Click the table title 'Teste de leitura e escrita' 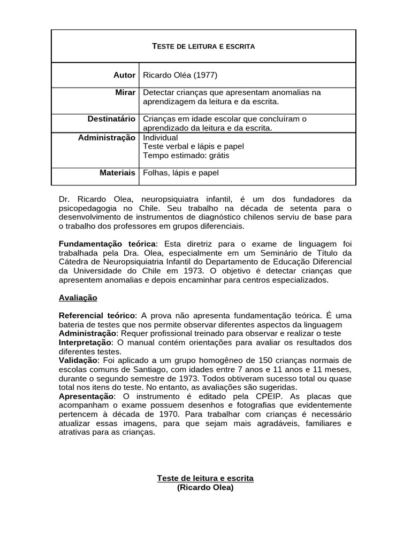click(x=204, y=46)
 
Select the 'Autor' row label click(x=124, y=75)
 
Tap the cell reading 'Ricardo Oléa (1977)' click(x=180, y=75)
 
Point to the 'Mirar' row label click(x=125, y=92)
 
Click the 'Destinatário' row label click(x=111, y=119)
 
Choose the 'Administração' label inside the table click(x=106, y=138)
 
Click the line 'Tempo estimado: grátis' click(x=186, y=155)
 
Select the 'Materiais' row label click(x=117, y=173)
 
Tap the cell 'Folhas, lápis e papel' click(x=181, y=173)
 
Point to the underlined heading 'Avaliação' click(x=78, y=298)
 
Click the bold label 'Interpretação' click(x=85, y=342)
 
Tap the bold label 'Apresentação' click(x=86, y=396)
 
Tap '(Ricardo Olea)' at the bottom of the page click(x=205, y=488)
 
